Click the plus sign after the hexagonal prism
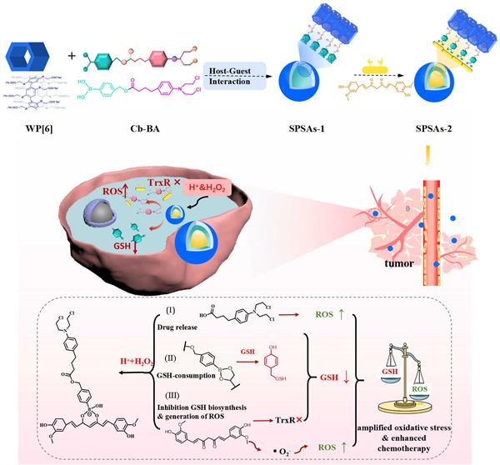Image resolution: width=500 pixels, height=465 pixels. pyautogui.click(x=72, y=56)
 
